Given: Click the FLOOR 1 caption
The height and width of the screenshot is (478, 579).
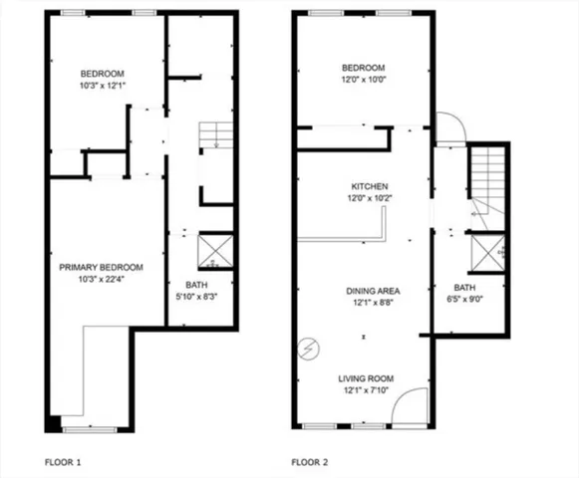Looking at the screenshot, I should [x=64, y=462].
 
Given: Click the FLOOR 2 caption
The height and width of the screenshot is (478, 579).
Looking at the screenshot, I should [x=311, y=462].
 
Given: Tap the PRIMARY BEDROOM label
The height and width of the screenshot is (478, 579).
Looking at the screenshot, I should [x=101, y=267].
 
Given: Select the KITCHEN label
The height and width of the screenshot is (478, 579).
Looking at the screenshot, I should [x=369, y=186].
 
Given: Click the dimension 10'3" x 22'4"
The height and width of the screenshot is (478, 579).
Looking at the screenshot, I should [x=101, y=279].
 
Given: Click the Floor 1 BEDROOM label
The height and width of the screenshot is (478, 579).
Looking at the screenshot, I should [x=102, y=75].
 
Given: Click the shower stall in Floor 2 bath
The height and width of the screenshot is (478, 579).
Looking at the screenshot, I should [x=485, y=253].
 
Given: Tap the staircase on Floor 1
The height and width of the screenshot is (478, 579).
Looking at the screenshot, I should [x=215, y=136].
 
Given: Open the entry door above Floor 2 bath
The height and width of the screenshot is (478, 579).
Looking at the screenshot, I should [x=448, y=126].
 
